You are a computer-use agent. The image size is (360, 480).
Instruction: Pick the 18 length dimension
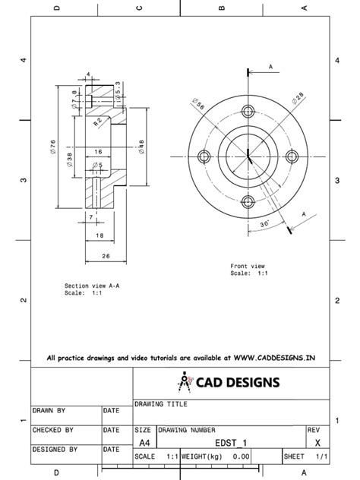pos(99,236)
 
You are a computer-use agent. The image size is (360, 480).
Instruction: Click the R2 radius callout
pos(99,122)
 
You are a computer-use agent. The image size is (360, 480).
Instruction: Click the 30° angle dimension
pos(264,225)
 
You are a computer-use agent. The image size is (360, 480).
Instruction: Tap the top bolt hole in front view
pos(248,111)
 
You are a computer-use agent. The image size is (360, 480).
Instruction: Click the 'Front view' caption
pos(248,267)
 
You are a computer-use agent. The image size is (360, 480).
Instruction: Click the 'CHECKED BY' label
pos(53,430)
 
